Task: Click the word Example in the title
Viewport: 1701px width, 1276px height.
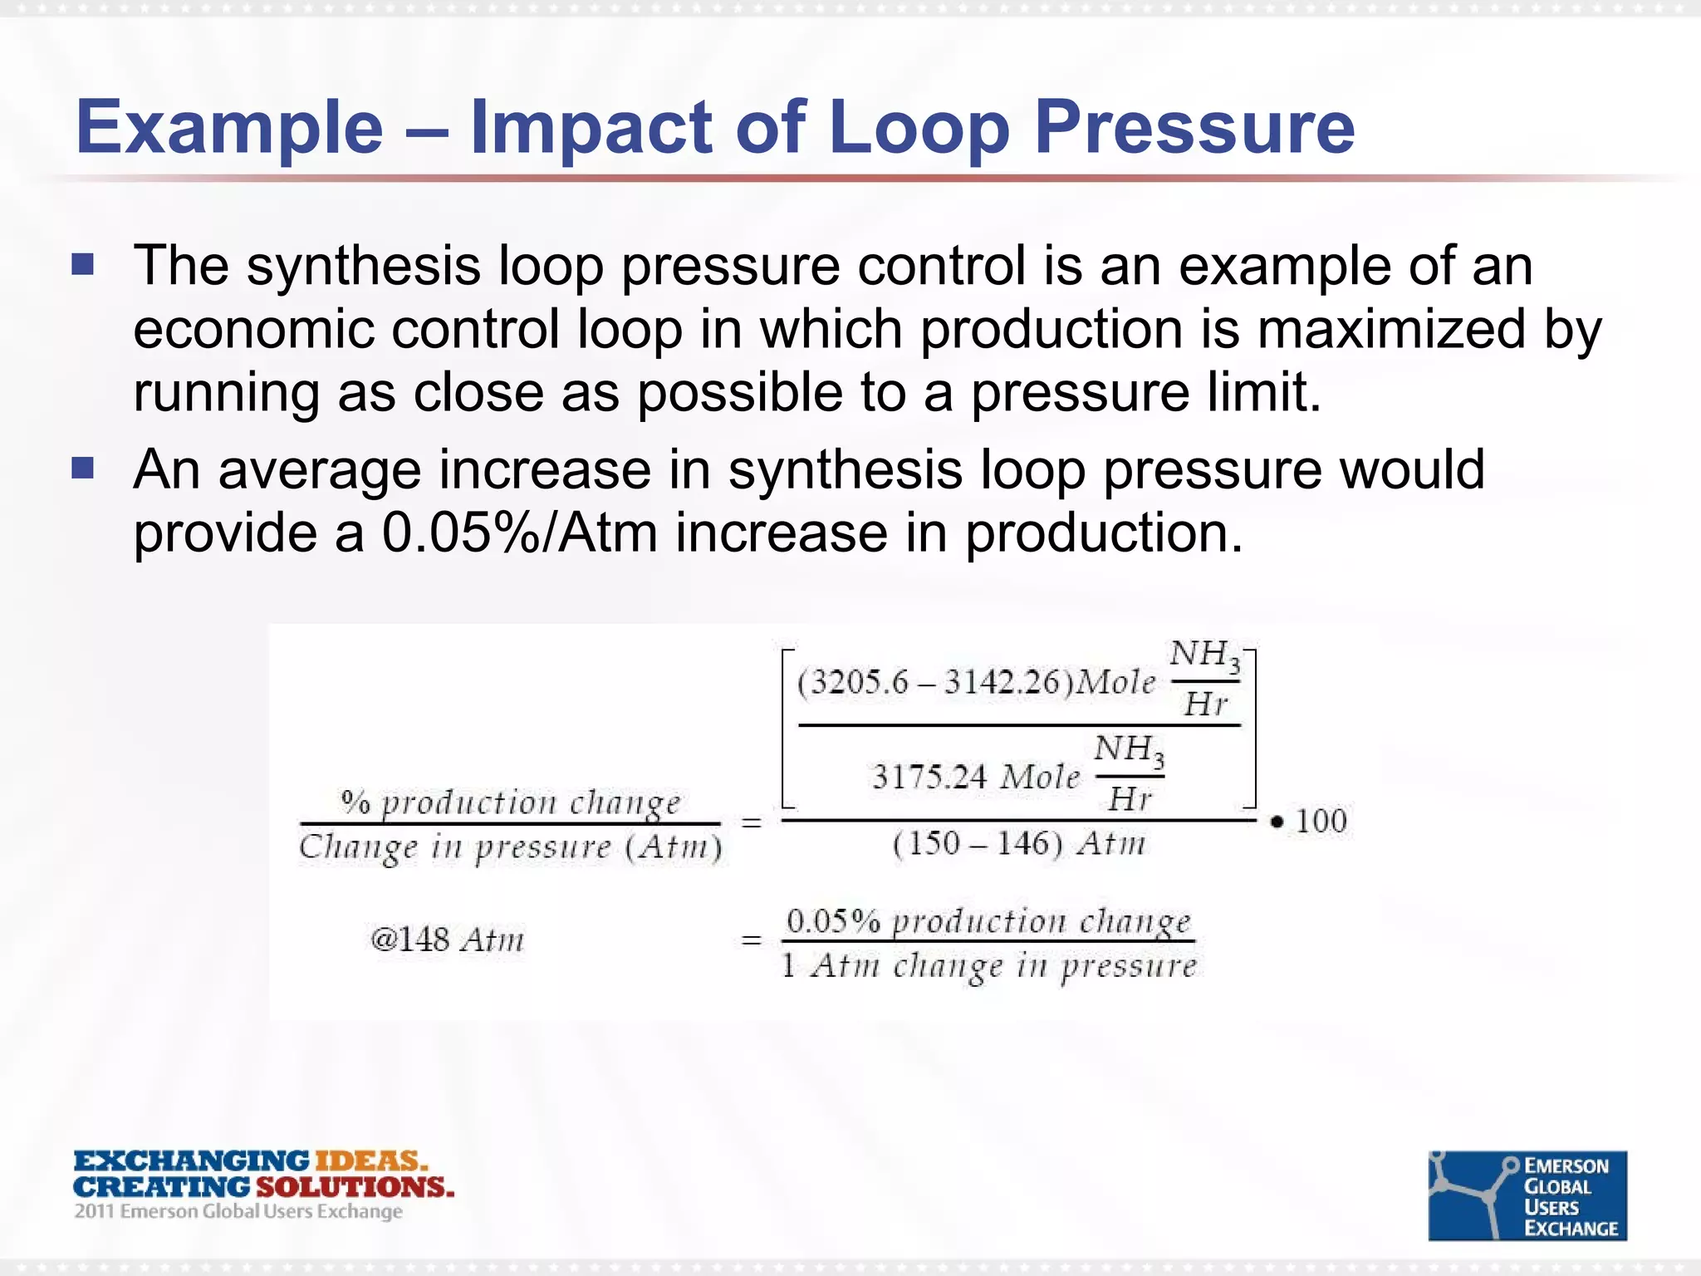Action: tap(229, 129)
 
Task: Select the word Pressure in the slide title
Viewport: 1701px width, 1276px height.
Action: tap(1194, 129)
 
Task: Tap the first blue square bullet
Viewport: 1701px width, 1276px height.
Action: tap(83, 265)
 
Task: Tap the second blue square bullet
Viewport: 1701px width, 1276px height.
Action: tap(83, 469)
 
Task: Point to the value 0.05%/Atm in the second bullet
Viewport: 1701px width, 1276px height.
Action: tap(520, 532)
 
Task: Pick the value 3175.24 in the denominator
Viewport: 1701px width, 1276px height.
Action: tap(929, 778)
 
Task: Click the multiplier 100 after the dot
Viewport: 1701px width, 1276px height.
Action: tap(1321, 821)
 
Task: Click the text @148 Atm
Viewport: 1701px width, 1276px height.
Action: tap(448, 940)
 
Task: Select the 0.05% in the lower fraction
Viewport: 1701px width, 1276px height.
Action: tap(833, 921)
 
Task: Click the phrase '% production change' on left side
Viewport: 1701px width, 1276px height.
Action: tap(511, 802)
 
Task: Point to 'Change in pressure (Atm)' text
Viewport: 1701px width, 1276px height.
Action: tap(511, 847)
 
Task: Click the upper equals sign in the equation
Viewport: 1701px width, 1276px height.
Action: tap(751, 823)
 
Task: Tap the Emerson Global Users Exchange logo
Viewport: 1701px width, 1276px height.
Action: tap(1527, 1195)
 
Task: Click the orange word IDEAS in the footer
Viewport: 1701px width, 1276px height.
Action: tap(370, 1161)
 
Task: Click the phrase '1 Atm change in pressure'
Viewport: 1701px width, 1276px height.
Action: tap(988, 966)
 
